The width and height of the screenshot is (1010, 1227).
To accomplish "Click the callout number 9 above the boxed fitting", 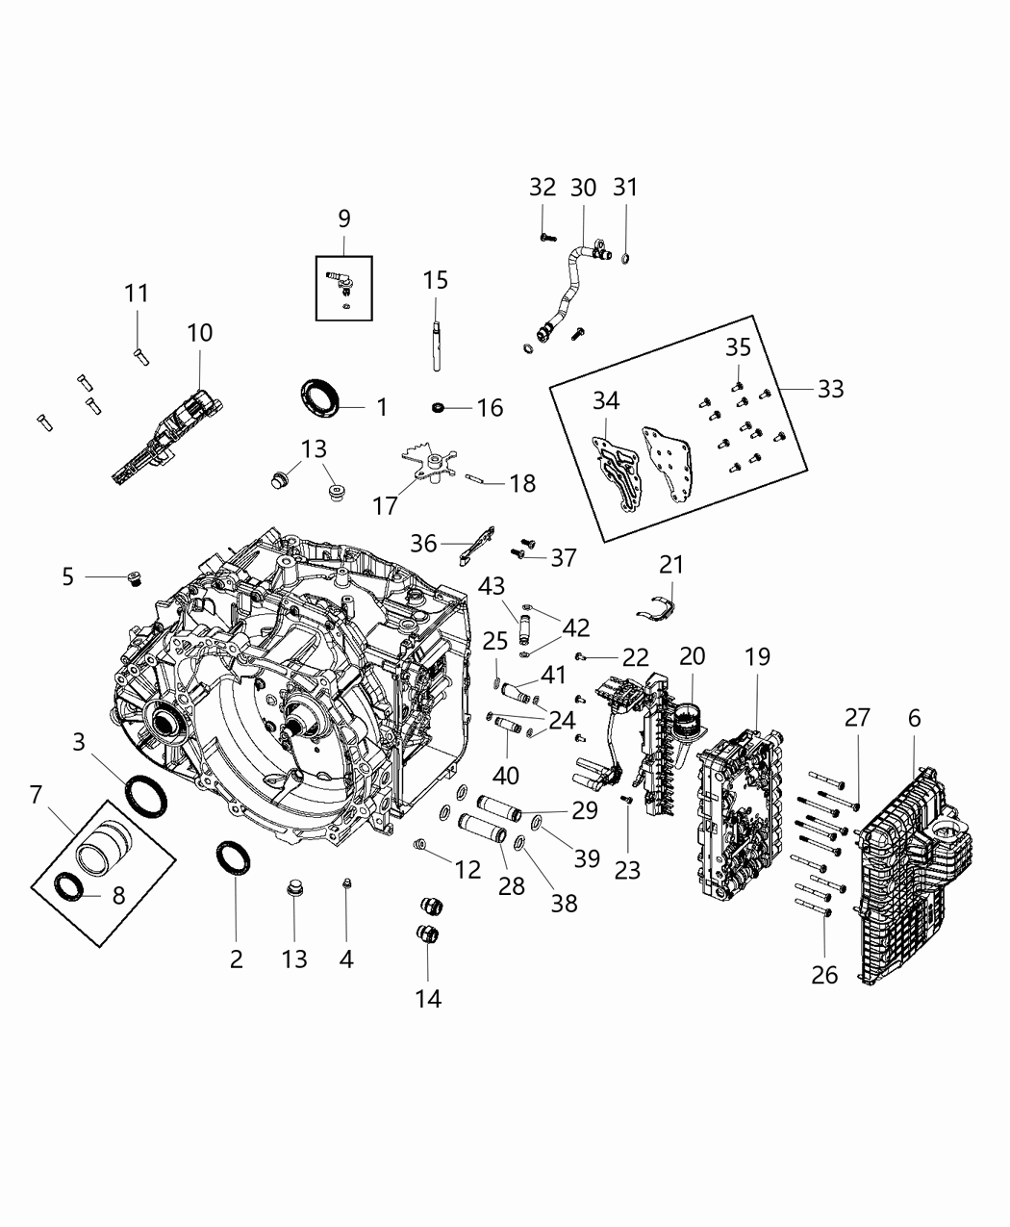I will [344, 218].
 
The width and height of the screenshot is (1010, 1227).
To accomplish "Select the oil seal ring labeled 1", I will [320, 397].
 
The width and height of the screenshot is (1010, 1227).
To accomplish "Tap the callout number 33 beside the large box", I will [830, 388].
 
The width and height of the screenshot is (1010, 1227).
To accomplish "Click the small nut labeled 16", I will [440, 409].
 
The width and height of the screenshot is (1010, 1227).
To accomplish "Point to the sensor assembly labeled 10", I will [164, 438].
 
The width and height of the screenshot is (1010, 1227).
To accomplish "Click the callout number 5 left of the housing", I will [67, 576].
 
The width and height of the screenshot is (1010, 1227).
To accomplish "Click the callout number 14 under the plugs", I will [428, 999].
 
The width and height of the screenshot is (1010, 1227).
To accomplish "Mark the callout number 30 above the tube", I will [583, 188].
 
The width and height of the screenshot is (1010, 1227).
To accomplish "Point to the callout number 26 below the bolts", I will [824, 975].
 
